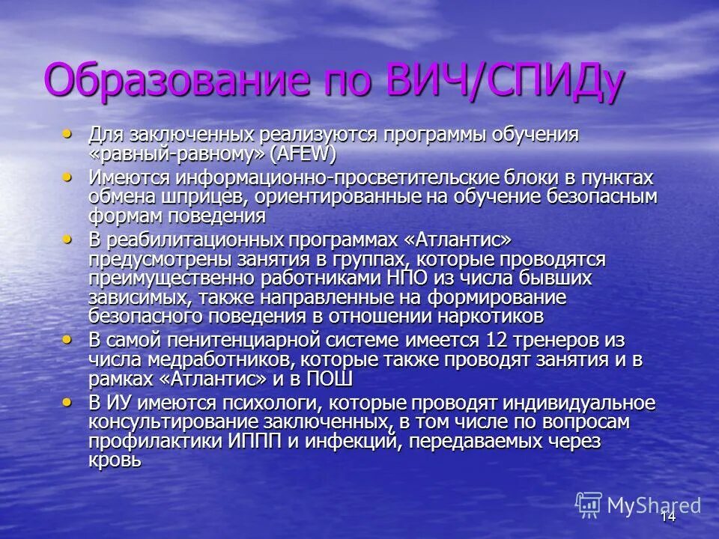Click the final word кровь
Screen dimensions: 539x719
tap(115, 460)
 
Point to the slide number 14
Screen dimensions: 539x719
tap(668, 516)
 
